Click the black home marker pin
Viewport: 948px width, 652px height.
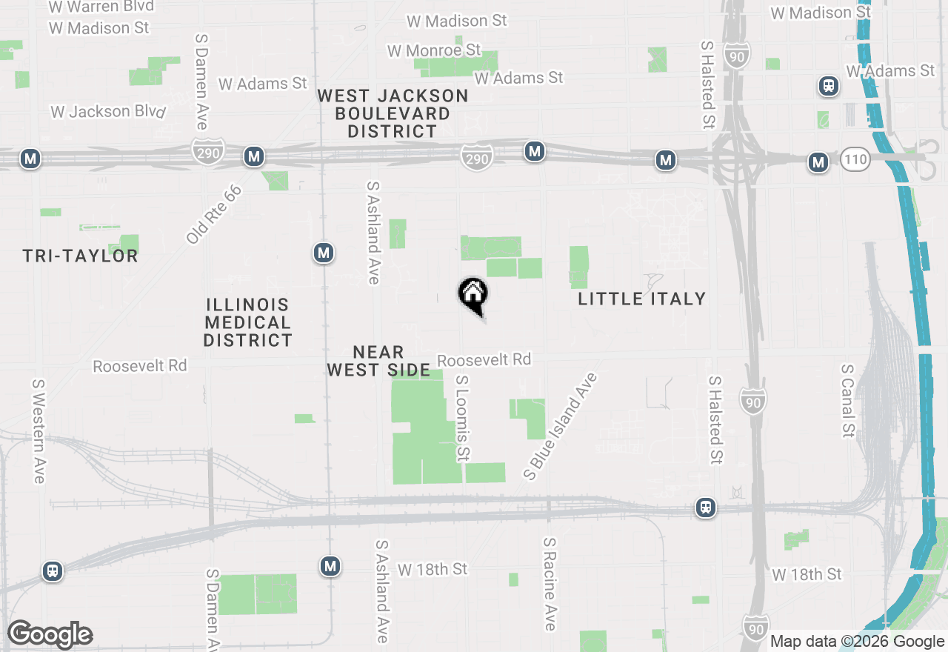[x=473, y=294]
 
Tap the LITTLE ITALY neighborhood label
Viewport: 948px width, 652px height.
[x=641, y=299]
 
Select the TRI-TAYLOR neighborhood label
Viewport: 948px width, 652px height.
[x=80, y=256]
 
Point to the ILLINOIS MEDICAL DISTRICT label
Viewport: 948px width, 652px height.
[x=248, y=322]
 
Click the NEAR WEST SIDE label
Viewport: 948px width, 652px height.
[x=378, y=361]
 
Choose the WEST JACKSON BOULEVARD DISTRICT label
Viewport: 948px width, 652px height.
[x=393, y=113]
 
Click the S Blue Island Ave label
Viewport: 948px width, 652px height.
[x=560, y=426]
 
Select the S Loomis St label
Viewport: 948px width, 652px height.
[x=463, y=417]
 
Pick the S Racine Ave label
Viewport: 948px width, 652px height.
[x=550, y=584]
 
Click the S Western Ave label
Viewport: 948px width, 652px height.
[x=39, y=431]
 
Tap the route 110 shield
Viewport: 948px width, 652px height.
[x=855, y=159]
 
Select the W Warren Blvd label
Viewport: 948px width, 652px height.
[x=101, y=7]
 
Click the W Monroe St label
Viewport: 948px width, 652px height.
[x=434, y=50]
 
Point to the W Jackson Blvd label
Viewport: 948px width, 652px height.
[x=108, y=112]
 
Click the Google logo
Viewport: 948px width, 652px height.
[x=50, y=634]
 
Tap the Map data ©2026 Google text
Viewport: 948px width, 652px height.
[x=857, y=642]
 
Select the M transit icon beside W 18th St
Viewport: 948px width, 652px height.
[x=330, y=567]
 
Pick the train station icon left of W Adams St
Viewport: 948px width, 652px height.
[x=828, y=86]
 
